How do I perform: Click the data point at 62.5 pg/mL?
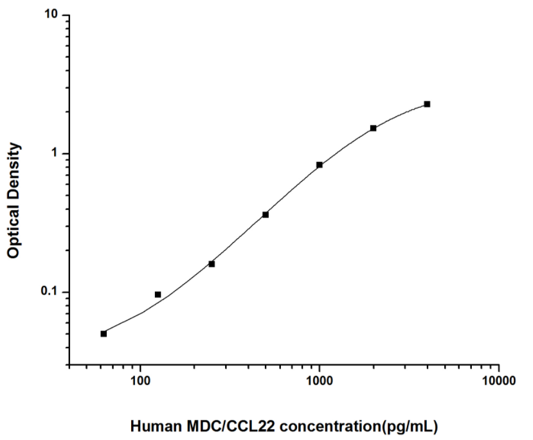click(104, 333)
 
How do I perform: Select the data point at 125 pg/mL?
click(158, 294)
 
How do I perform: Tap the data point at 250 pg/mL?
click(212, 263)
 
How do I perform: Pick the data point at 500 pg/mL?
click(266, 215)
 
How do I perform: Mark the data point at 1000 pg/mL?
click(320, 165)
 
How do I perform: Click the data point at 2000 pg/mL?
click(373, 128)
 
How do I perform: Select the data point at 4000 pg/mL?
click(427, 104)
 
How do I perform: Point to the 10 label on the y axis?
click(52, 15)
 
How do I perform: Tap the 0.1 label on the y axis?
click(50, 292)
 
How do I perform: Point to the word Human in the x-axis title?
click(152, 425)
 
